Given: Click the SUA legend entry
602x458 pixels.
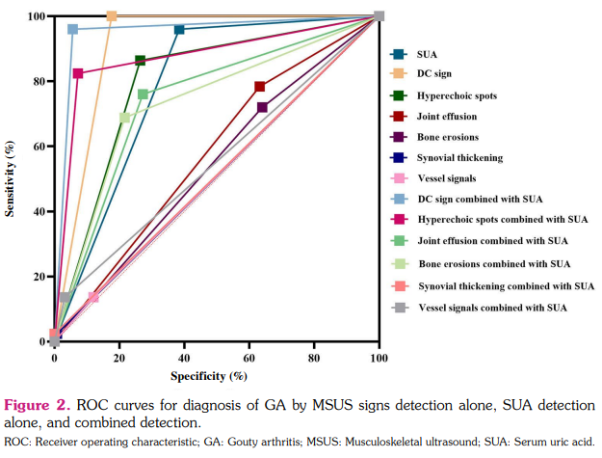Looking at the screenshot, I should point(426,53).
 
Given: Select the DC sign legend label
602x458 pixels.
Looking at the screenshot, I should point(433,73).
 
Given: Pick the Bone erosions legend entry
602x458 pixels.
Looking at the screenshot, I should point(447,137).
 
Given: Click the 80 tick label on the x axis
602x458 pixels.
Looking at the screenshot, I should point(314,358).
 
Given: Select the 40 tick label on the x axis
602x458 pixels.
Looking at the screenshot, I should point(184,358).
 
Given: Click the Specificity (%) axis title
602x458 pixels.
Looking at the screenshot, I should point(209,375).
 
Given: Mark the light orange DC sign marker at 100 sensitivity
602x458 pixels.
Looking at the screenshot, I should point(112,16).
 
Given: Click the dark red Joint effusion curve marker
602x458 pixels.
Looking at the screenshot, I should point(260,87).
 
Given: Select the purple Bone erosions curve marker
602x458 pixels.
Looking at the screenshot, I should point(262,107).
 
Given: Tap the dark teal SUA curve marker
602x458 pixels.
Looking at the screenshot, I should point(179,30).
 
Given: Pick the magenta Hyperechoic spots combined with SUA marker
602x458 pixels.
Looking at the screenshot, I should point(78,73).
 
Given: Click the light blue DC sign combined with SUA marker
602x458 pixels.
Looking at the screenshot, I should point(72,30).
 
